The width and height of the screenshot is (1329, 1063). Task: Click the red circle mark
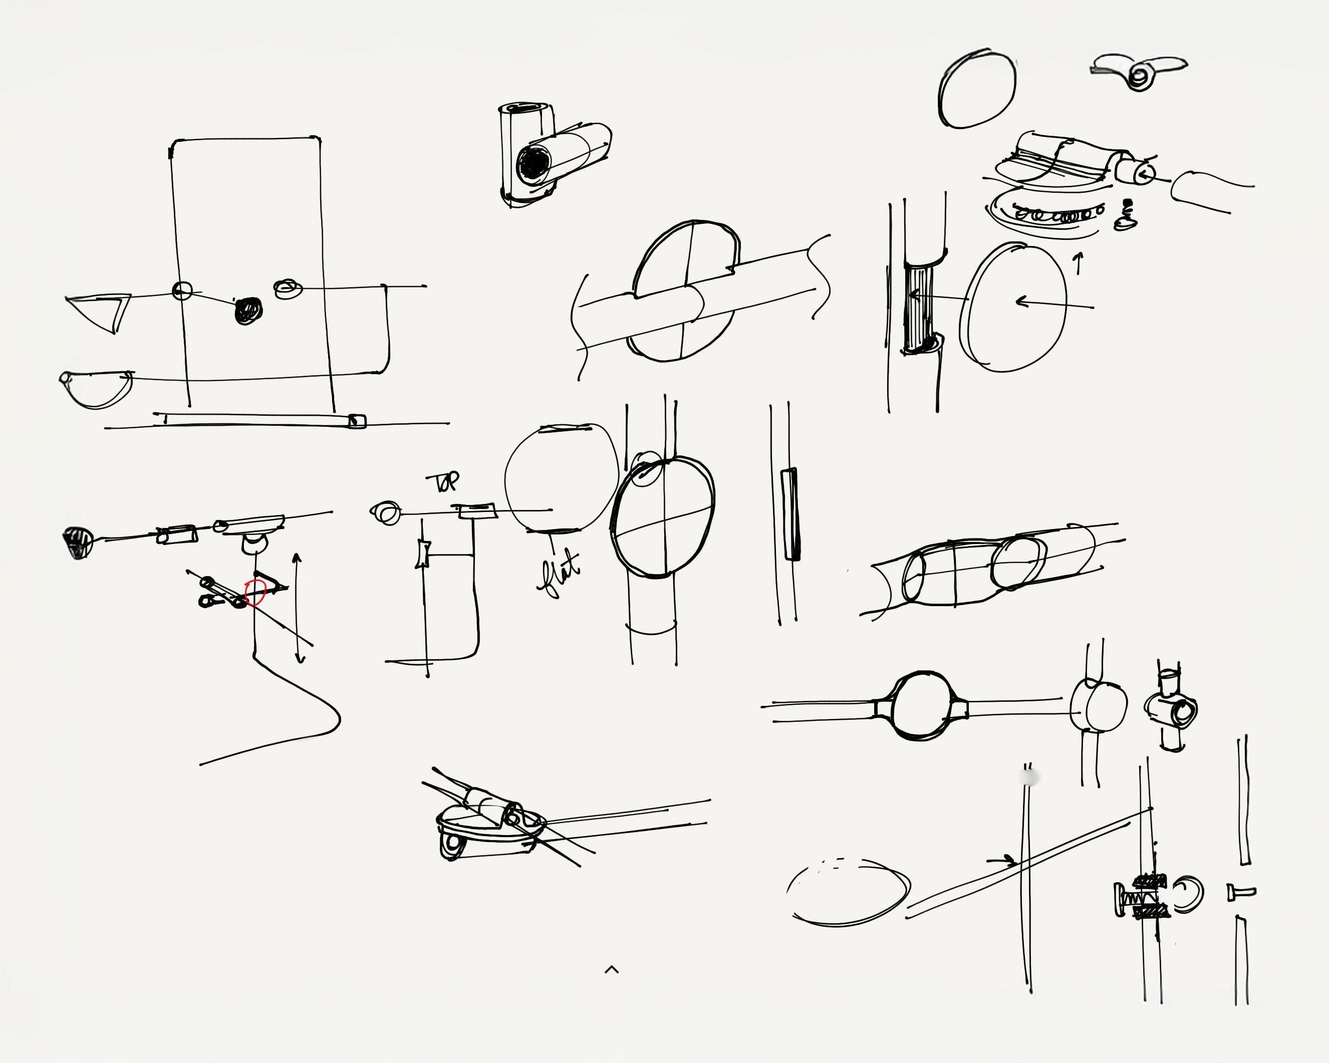click(254, 593)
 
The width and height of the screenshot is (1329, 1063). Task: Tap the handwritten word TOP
click(443, 482)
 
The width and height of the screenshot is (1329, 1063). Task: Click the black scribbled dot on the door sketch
click(248, 311)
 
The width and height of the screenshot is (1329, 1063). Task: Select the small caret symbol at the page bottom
click(612, 970)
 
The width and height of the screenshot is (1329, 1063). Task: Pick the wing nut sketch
click(1139, 73)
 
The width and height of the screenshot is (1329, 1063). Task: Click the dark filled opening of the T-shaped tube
click(531, 164)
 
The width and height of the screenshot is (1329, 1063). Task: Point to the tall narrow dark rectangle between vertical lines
click(790, 514)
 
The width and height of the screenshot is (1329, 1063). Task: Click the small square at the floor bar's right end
click(357, 421)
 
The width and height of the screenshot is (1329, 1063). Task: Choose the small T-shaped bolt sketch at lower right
click(1241, 892)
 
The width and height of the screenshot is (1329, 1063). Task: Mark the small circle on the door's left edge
click(182, 290)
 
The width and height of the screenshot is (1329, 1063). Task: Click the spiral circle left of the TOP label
click(386, 513)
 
